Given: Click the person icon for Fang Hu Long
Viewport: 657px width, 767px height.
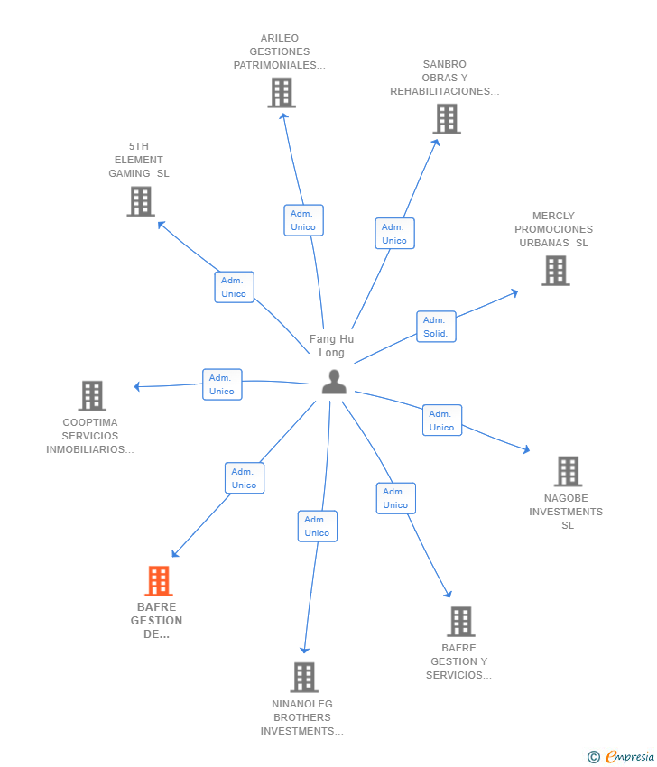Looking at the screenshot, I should [334, 383].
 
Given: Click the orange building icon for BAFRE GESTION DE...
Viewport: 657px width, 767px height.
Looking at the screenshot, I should [159, 581].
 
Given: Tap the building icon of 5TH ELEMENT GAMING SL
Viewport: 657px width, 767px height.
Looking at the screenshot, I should [141, 201].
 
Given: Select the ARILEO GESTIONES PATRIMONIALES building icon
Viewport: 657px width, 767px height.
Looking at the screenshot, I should [282, 92].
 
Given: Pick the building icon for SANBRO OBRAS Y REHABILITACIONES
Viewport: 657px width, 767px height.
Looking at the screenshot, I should [446, 118].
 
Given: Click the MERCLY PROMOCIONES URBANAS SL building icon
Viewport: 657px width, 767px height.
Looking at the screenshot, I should [555, 270].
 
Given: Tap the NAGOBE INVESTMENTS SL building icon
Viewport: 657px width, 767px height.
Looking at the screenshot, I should [568, 471].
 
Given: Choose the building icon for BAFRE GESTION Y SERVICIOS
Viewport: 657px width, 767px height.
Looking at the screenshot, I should [460, 621].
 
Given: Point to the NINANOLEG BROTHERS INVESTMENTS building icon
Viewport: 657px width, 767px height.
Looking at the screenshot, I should [304, 677].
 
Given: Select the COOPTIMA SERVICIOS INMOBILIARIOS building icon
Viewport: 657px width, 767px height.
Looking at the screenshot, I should [92, 395].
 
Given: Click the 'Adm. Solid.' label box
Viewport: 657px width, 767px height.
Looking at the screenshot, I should [436, 327].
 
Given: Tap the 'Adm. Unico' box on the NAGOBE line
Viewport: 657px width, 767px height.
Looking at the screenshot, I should [441, 420].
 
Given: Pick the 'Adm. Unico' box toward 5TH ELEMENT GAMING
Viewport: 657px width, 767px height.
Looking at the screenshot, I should [234, 287].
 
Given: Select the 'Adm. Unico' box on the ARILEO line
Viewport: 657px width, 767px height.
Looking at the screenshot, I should [303, 220].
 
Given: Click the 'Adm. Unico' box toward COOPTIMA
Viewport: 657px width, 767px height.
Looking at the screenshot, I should [222, 384].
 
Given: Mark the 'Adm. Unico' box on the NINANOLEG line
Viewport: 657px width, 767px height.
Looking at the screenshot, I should [317, 526].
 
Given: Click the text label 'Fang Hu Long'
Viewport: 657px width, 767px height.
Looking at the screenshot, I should [331, 346].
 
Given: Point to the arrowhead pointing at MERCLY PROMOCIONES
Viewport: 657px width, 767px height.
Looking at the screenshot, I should [514, 291].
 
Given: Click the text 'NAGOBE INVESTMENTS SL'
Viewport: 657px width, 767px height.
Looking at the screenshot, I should [566, 512].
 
